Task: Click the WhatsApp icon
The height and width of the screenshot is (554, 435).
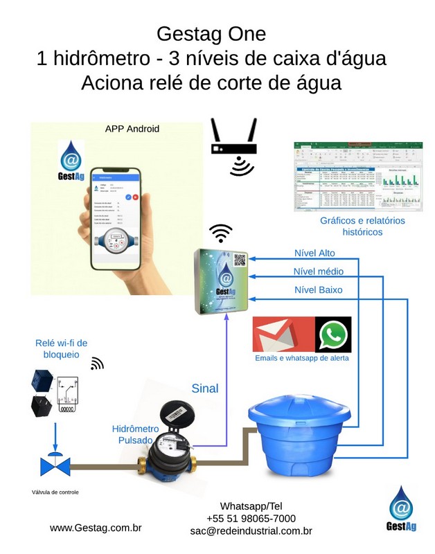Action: point(333,335)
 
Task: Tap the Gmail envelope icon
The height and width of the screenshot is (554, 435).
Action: point(283,335)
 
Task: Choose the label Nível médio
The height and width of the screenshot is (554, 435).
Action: point(318,271)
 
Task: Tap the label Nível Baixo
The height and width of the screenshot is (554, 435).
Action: point(318,289)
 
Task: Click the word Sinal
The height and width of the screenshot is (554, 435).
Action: point(204,388)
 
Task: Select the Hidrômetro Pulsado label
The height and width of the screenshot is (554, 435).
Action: point(135,434)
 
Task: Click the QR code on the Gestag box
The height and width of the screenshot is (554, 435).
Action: point(240,260)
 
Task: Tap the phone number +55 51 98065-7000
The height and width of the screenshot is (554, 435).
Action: point(251,518)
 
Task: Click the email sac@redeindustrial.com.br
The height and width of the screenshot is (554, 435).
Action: point(251,531)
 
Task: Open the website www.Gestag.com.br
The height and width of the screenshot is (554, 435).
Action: point(96,528)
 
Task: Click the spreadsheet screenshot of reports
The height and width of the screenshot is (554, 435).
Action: point(358,175)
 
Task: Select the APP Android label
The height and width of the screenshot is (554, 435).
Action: point(132,129)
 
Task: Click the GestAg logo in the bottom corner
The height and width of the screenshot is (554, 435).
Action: point(401,509)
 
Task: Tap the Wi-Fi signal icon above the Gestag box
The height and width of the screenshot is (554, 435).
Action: point(221,233)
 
